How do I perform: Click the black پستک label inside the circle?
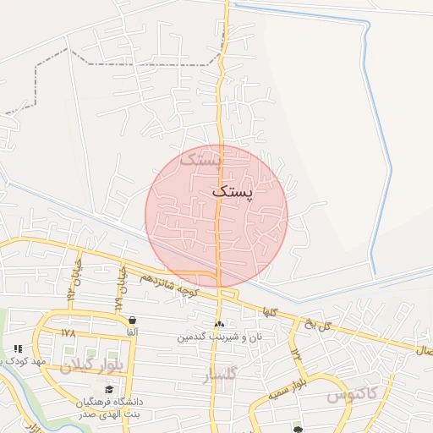click(x=232, y=192)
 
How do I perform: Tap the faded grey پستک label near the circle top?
click(x=202, y=159)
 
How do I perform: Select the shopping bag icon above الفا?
click(x=133, y=321)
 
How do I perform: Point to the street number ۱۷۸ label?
click(x=69, y=333)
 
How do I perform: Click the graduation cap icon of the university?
click(x=109, y=389)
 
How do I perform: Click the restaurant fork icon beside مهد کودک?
click(x=18, y=348)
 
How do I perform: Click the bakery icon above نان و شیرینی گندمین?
click(x=219, y=325)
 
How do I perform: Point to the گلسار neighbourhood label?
click(x=222, y=373)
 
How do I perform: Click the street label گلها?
click(x=271, y=311)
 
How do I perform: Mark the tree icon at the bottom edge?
click(x=298, y=429)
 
